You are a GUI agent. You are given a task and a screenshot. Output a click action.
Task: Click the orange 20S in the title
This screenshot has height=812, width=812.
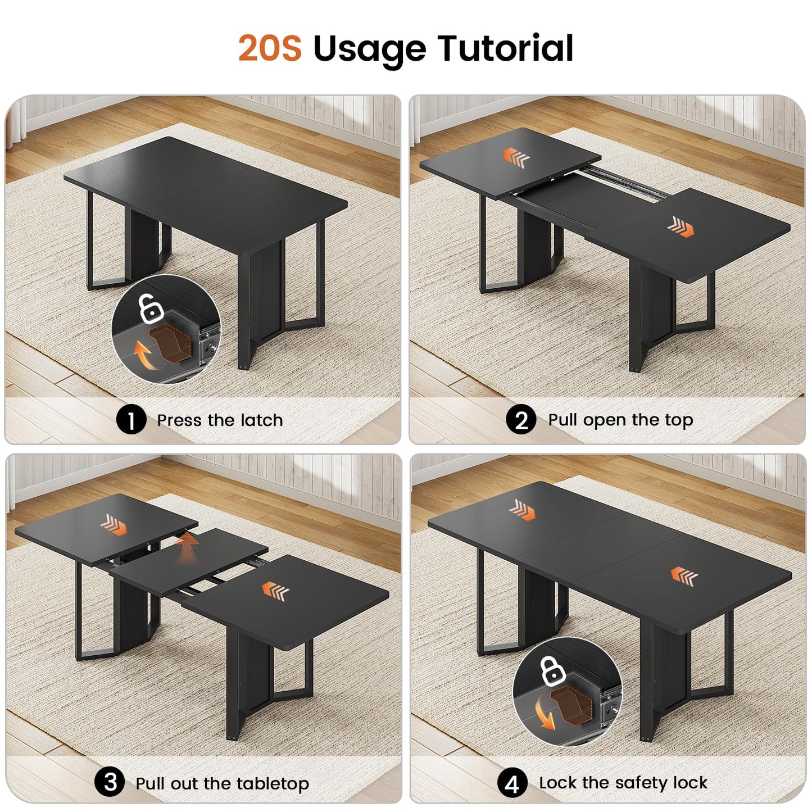[x=270, y=48]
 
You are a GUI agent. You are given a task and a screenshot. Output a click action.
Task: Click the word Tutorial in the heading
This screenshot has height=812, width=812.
[x=505, y=48]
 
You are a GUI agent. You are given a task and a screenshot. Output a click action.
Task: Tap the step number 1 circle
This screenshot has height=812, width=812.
[x=131, y=420]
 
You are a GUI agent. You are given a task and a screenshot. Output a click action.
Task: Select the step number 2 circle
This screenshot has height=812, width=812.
[x=521, y=420]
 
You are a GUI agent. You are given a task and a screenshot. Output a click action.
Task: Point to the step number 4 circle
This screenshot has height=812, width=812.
[x=512, y=784]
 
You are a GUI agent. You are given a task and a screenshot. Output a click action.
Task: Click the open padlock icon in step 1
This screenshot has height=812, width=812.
[x=151, y=309]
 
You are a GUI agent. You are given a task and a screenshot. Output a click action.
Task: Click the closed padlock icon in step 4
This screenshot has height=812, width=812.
[x=552, y=672]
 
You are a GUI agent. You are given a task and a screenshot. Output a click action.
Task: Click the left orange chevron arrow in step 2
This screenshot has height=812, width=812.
[x=516, y=158]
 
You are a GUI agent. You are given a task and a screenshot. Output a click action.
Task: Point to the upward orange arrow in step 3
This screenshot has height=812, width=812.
[x=188, y=548]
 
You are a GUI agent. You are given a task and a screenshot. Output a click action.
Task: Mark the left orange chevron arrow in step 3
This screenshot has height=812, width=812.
[x=114, y=525]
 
